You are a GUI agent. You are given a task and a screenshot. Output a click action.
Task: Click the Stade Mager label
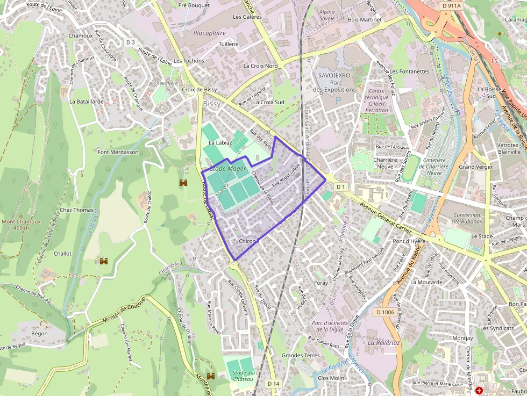[x=228, y=169]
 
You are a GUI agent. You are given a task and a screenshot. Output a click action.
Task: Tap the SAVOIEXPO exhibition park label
[x=334, y=82]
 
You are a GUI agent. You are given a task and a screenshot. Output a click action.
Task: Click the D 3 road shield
[x=131, y=42]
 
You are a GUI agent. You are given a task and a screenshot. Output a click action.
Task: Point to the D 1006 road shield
[x=385, y=312]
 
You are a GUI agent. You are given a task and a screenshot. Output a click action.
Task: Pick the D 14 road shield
[x=274, y=383]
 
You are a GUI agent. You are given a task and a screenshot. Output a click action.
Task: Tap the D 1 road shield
[x=340, y=186]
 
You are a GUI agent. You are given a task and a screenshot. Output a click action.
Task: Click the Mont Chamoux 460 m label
[x=21, y=225]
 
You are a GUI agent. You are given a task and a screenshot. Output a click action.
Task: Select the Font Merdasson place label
[x=118, y=152]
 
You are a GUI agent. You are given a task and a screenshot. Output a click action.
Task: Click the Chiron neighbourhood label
[x=247, y=241]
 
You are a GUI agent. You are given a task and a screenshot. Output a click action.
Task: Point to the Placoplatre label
[x=209, y=33]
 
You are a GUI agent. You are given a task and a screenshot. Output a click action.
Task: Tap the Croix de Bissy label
[x=200, y=89]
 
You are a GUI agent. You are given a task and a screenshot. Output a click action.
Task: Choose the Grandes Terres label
[x=301, y=355]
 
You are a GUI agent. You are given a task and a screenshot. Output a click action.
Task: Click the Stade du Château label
[x=240, y=376]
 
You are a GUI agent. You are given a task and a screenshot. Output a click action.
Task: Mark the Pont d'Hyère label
[x=410, y=241]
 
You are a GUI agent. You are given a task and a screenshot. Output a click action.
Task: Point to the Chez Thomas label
[x=77, y=210]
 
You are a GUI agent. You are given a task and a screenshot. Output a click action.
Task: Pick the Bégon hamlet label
[x=39, y=334]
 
